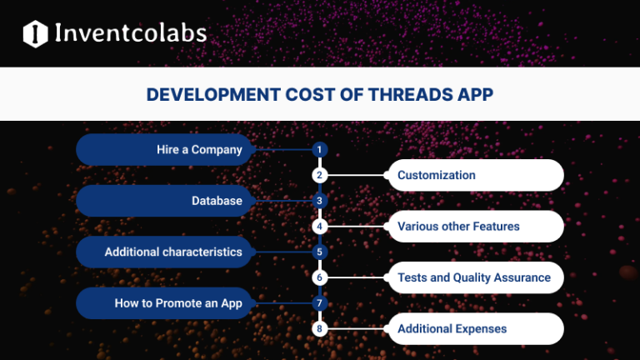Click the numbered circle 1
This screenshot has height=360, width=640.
coord(318,150)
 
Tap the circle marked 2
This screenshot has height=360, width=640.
coord(318,175)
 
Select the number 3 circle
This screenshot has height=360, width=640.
coord(318,201)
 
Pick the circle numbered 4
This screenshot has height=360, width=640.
coord(318,226)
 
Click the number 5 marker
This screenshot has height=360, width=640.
coord(318,252)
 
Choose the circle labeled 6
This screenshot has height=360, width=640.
coord(318,277)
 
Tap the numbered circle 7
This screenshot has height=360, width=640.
coord(318,303)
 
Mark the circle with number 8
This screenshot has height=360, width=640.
coord(318,328)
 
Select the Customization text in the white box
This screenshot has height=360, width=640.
coord(437,175)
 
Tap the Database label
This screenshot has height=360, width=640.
coord(217,201)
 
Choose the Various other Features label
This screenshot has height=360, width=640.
coord(458,226)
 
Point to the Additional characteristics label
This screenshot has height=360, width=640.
coord(173,252)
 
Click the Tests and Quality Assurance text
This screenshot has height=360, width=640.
coord(474,277)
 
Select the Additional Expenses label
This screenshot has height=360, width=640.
coord(452,328)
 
